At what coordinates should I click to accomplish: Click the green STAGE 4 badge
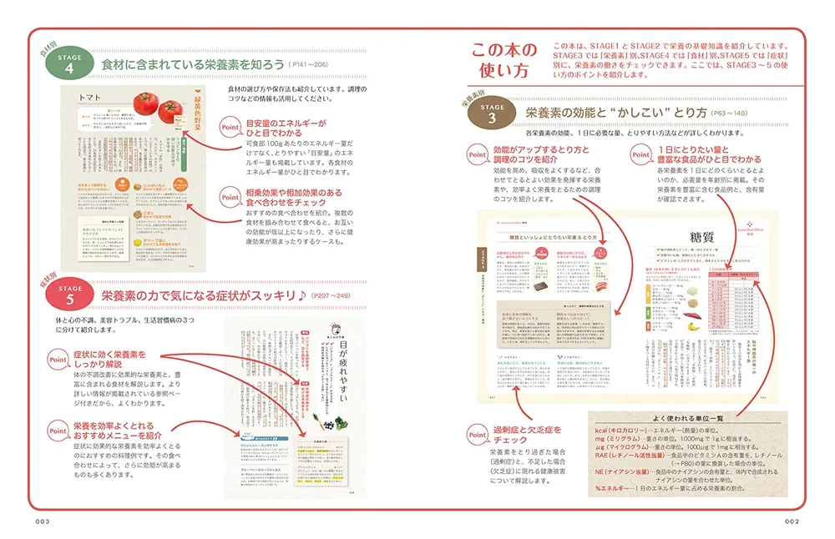(x=71, y=63)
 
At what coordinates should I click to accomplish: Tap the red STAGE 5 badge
(x=71, y=295)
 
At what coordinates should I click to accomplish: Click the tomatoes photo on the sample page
(x=159, y=104)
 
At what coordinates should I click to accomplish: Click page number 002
(x=792, y=521)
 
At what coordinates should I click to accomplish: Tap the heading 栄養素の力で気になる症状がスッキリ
(x=203, y=295)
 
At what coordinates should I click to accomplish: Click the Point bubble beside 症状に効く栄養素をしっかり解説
(x=58, y=357)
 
